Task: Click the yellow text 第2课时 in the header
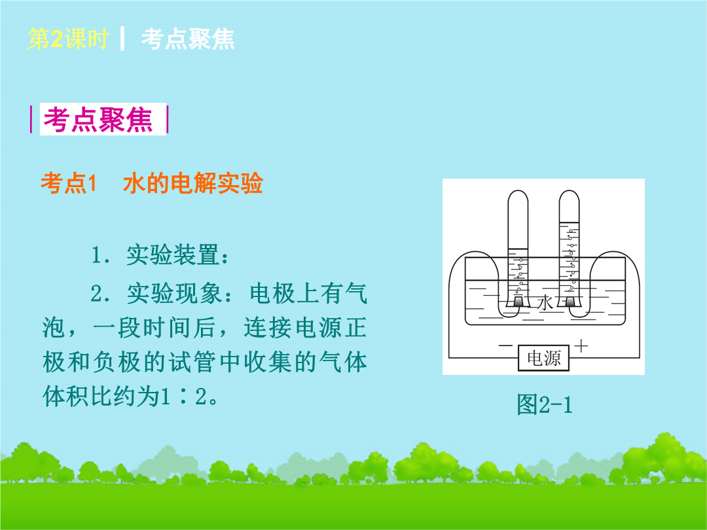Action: [68, 39]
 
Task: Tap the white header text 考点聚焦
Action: [188, 39]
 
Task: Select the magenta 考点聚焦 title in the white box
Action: [98, 120]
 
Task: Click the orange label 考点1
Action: [69, 183]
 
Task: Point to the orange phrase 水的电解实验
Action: [193, 183]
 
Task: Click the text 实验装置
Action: [173, 255]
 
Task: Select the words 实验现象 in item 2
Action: [173, 293]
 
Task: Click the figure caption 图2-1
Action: [544, 404]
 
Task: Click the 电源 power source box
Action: [543, 359]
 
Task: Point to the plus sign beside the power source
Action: [581, 345]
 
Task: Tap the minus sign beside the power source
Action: [505, 345]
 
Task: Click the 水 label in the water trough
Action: [545, 303]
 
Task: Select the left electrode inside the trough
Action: [518, 301]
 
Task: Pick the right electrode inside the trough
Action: [570, 301]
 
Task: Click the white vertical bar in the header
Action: [122, 39]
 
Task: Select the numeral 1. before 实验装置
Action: [101, 255]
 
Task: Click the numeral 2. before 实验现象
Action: [101, 294]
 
